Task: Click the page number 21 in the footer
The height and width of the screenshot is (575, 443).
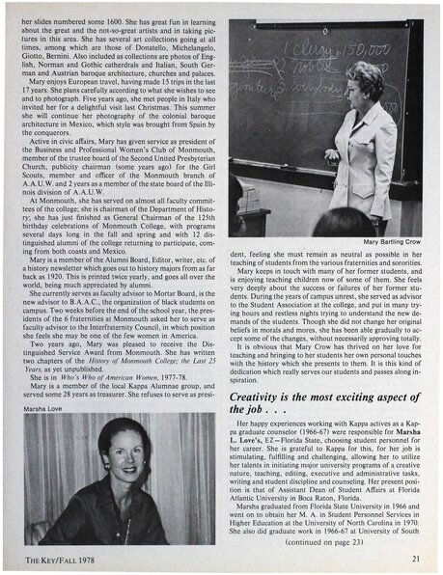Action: (x=414, y=557)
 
